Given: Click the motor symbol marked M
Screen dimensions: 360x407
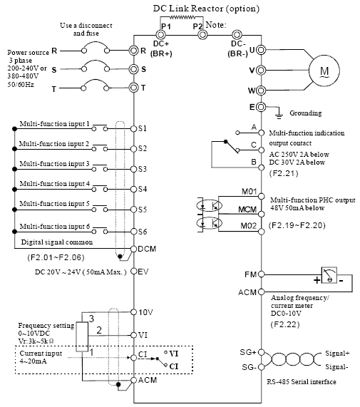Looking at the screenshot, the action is [324, 71].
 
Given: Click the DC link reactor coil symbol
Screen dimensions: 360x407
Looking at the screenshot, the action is [182, 17].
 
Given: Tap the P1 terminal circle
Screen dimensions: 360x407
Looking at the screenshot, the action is [160, 34].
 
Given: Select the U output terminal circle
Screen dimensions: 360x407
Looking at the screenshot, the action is [261, 50].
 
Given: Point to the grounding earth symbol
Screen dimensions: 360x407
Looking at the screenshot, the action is [279, 115].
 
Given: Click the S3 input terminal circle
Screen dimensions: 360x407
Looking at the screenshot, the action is [133, 169].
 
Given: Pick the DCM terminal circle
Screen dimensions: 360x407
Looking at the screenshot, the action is [133, 249].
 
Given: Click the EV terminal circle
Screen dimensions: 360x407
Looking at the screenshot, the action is [133, 272].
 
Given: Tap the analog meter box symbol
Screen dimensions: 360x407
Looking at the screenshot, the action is [329, 275].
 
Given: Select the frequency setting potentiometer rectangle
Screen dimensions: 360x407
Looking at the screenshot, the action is [82, 337].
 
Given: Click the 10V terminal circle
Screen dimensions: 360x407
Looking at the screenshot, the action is [133, 312].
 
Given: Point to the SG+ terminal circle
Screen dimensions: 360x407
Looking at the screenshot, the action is [262, 352].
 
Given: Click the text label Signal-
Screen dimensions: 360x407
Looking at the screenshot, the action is [336, 367].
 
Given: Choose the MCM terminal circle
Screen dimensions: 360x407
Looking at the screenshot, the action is [262, 214].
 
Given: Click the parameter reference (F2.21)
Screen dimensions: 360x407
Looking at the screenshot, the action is [284, 173].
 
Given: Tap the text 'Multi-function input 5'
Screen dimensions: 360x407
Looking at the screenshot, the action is [54, 204].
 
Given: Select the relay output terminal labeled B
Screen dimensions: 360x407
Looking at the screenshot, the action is [262, 168].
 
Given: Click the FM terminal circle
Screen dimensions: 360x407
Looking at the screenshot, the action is [262, 274].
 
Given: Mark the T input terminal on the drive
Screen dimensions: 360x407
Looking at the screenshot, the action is [133, 88].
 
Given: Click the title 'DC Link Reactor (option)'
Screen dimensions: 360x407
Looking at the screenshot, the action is [206, 9].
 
